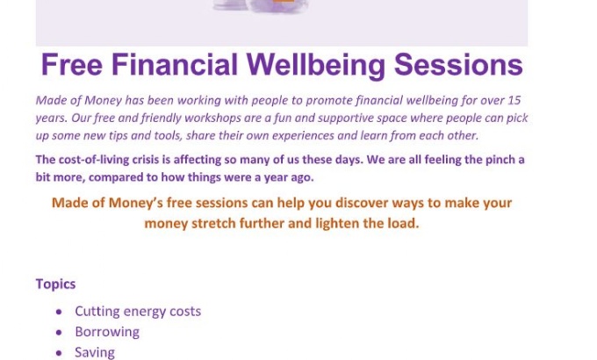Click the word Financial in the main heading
click(x=175, y=65)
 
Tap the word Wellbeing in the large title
click(x=316, y=66)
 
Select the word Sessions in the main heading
click(x=458, y=65)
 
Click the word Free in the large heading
click(x=72, y=65)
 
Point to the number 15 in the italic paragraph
click(x=514, y=100)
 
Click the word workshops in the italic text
click(x=211, y=118)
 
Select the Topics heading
click(x=55, y=284)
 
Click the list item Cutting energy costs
click(x=138, y=312)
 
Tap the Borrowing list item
click(x=107, y=332)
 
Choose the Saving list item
click(x=95, y=353)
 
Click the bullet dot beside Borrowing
click(x=59, y=333)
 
